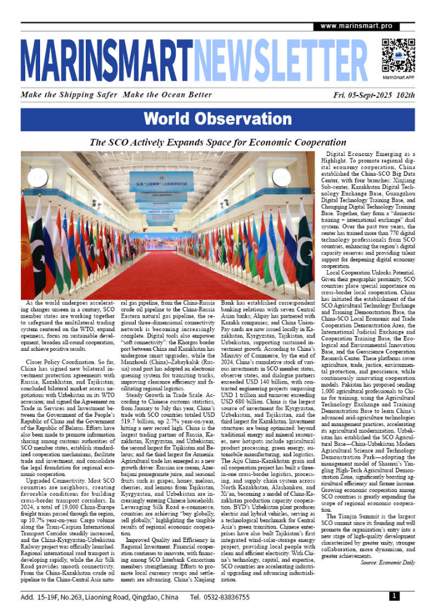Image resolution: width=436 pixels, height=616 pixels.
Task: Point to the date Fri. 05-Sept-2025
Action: point(358,96)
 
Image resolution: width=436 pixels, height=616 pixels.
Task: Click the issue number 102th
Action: point(405,96)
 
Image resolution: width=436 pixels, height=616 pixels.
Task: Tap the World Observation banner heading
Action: point(218,119)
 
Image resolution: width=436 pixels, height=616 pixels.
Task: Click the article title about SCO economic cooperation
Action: point(218,142)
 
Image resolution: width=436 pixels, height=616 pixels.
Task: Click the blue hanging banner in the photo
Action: point(160,183)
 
